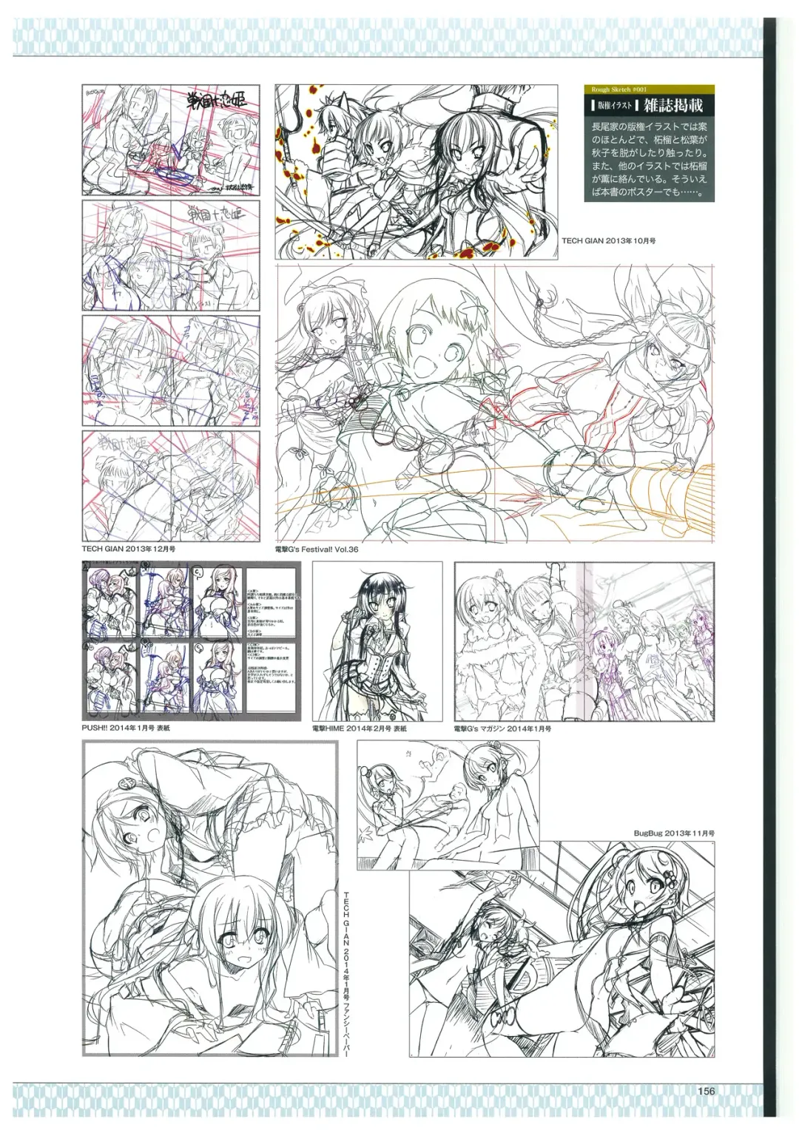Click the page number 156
point(706,1092)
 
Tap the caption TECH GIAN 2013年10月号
point(609,241)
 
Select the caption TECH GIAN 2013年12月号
point(129,549)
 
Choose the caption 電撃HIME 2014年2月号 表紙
point(359,728)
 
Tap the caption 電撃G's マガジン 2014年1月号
point(502,728)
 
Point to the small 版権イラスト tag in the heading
point(610,106)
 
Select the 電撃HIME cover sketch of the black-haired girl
point(377,641)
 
